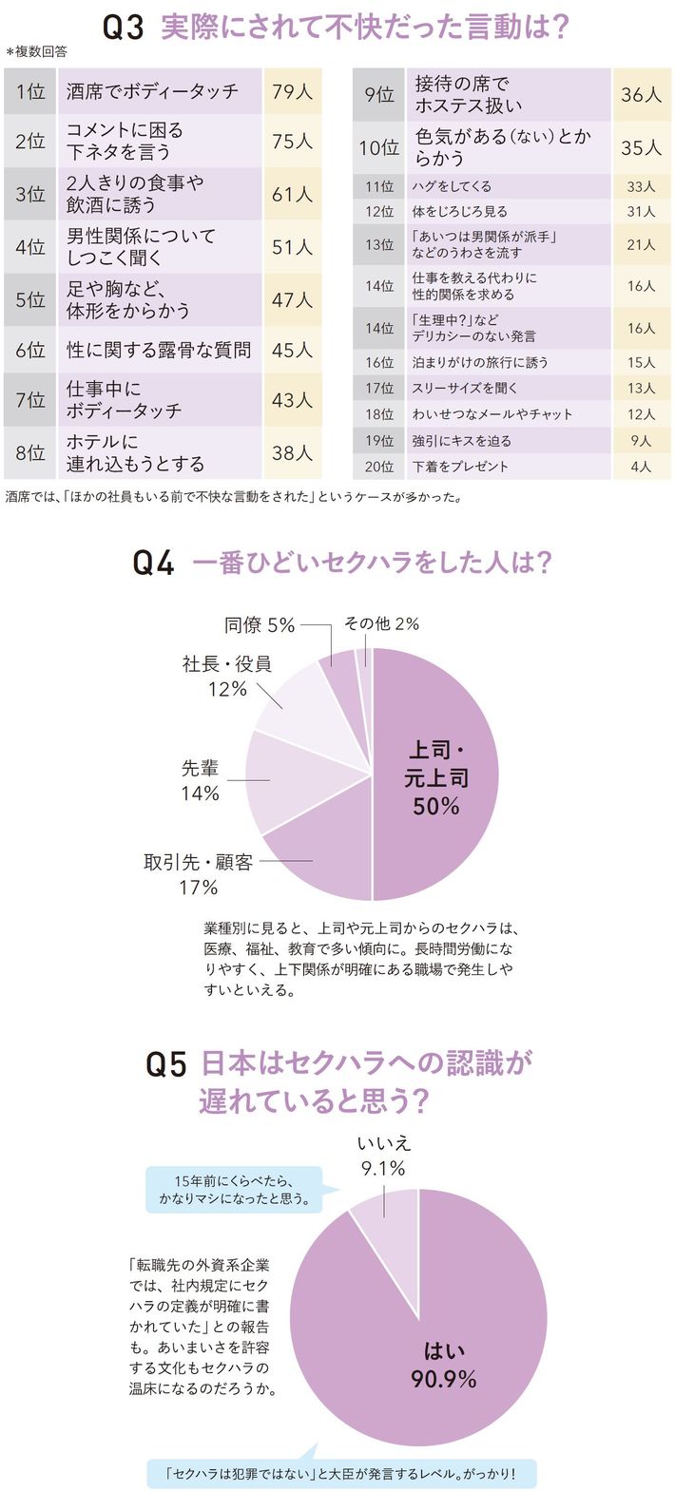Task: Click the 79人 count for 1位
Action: pyautogui.click(x=293, y=91)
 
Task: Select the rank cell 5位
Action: pyautogui.click(x=30, y=299)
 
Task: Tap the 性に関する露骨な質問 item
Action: pyautogui.click(x=159, y=350)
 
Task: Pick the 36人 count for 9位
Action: pyautogui.click(x=642, y=94)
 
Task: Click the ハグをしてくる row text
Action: pyautogui.click(x=452, y=186)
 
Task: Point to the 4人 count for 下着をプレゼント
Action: pyautogui.click(x=642, y=467)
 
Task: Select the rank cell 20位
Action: pyautogui.click(x=379, y=467)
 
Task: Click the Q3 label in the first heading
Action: pyautogui.click(x=124, y=29)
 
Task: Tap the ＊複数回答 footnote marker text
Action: pyautogui.click(x=36, y=52)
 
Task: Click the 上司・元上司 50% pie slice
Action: pyautogui.click(x=435, y=774)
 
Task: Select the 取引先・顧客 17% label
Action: pyautogui.click(x=199, y=874)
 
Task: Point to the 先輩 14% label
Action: pyautogui.click(x=200, y=780)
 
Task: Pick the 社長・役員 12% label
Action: pyautogui.click(x=227, y=677)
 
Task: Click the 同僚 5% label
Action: pyautogui.click(x=260, y=625)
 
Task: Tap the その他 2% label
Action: pyautogui.click(x=381, y=623)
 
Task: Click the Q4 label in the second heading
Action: pyautogui.click(x=153, y=563)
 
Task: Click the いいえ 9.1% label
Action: pyautogui.click(x=383, y=1156)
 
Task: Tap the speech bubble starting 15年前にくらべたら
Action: pyautogui.click(x=234, y=1190)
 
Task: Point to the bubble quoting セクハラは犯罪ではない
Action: pyautogui.click(x=342, y=1474)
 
